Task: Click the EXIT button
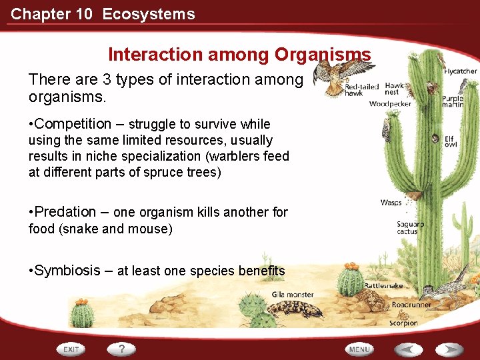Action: (72, 349)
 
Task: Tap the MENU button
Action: (359, 349)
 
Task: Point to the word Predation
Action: (65, 212)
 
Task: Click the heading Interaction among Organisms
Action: (239, 54)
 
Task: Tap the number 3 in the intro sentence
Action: (106, 79)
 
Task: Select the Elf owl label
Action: (451, 140)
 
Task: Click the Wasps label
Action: (391, 202)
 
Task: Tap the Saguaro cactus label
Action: (407, 227)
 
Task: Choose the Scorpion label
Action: (403, 323)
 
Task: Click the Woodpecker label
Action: (390, 104)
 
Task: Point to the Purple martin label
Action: (453, 101)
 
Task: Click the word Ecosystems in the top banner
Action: (149, 14)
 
